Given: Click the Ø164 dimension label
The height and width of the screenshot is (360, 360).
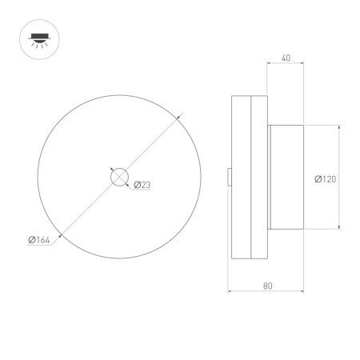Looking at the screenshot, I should [x=39, y=239].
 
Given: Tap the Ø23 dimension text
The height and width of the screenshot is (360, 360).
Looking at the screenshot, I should [x=142, y=185].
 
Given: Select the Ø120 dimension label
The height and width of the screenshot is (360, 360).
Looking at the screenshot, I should [x=325, y=178].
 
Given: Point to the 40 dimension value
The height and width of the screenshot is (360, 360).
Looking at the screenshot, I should [x=286, y=58].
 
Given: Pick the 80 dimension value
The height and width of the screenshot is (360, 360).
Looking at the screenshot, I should [x=267, y=285].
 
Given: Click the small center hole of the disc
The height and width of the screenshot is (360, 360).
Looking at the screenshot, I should [x=118, y=178].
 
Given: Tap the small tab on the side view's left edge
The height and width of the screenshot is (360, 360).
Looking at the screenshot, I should [x=229, y=177].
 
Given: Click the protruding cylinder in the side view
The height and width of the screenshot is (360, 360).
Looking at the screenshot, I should [x=286, y=178].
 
